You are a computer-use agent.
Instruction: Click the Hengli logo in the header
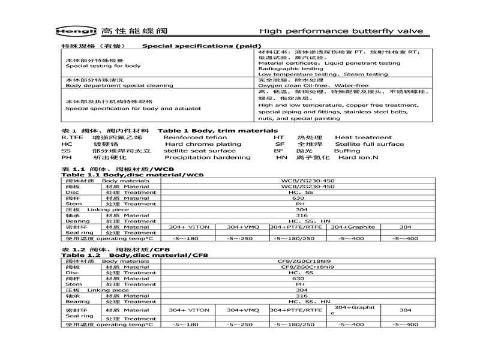point(79,31)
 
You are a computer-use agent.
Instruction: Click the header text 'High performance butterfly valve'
point(341,31)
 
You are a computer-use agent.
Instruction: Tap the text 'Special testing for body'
point(103,66)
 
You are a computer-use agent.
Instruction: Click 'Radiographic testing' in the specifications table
point(290,68)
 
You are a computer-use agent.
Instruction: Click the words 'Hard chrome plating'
point(203,144)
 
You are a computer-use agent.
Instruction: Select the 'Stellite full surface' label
point(369,144)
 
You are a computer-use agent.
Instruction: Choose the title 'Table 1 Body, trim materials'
point(217,130)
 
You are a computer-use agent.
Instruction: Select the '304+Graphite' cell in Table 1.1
point(353,227)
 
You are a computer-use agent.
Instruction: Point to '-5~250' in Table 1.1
point(242,238)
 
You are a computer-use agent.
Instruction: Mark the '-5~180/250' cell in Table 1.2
point(294,324)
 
